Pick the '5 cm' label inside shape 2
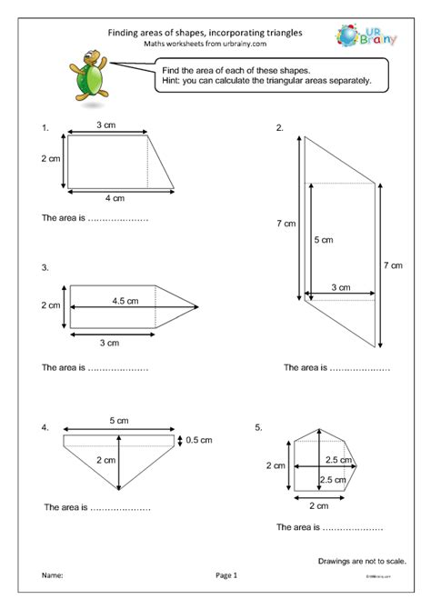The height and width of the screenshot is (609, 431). [x=323, y=241]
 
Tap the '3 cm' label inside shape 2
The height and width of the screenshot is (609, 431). [x=341, y=287]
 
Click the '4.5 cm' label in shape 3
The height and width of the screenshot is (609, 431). [x=125, y=301]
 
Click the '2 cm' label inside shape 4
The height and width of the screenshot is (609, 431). [x=105, y=461]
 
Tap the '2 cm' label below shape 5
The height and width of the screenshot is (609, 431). [x=318, y=505]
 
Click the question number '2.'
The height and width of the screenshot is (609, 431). [x=280, y=129]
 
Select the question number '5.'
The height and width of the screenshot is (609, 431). [x=259, y=426]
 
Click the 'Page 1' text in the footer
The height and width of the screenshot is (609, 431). [x=226, y=575]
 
